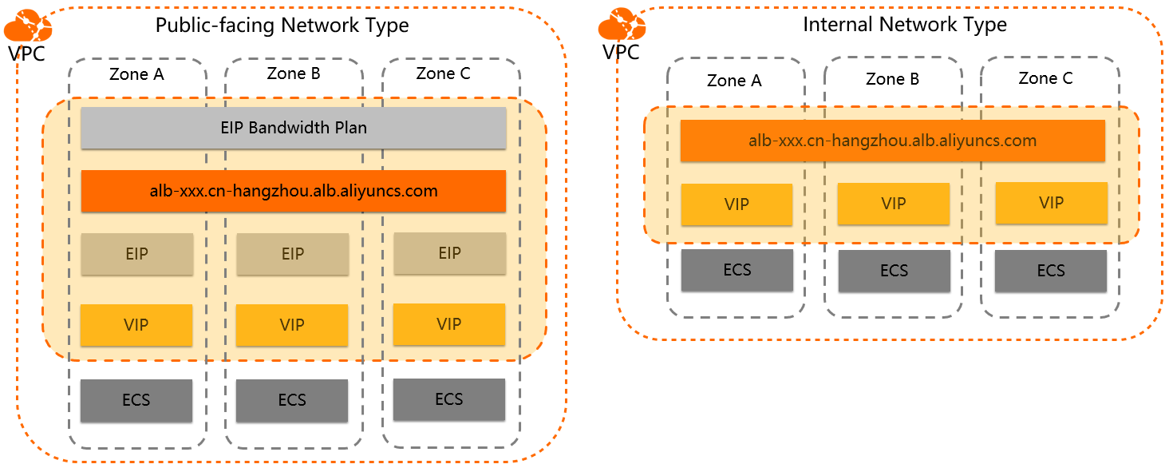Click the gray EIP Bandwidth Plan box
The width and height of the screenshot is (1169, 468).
click(x=293, y=128)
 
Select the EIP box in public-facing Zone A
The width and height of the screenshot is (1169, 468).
click(x=136, y=254)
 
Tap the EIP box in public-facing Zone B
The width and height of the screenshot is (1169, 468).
click(x=292, y=254)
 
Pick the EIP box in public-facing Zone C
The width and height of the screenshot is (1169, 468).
click(x=449, y=253)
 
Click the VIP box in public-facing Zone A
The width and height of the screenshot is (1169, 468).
click(x=136, y=325)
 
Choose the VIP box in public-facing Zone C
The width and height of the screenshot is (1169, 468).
click(x=449, y=324)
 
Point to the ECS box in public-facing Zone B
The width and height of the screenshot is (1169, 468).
click(x=292, y=400)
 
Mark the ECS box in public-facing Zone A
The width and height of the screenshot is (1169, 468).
click(x=136, y=400)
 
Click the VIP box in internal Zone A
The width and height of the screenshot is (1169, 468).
click(x=737, y=204)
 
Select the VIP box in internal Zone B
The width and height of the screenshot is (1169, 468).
click(x=894, y=204)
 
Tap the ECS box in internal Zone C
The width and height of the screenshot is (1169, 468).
click(x=1051, y=271)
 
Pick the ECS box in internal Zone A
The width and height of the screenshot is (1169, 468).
click(x=737, y=270)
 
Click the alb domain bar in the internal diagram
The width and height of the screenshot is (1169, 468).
click(x=892, y=141)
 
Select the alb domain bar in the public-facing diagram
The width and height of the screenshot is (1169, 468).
click(x=293, y=191)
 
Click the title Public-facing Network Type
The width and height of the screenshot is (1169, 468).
click(x=282, y=26)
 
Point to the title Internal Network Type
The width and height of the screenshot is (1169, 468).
click(x=904, y=25)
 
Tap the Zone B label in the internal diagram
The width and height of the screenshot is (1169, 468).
click(x=892, y=79)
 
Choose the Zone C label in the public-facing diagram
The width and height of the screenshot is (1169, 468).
click(x=443, y=73)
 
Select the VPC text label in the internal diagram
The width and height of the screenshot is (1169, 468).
click(x=621, y=53)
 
